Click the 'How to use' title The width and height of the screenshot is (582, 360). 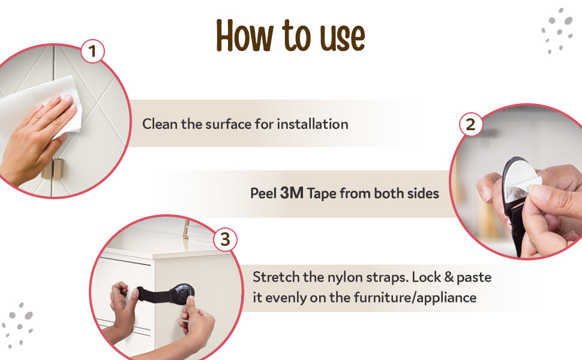(290, 35)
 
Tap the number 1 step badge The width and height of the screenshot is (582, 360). (92, 51)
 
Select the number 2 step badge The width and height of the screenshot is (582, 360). (470, 124)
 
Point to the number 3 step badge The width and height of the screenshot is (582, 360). (225, 239)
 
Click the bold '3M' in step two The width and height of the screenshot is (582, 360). (292, 193)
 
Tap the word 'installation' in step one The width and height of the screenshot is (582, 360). (313, 124)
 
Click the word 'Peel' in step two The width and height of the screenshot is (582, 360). (263, 193)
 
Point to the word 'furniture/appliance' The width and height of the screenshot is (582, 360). (415, 298)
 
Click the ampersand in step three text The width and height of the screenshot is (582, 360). (449, 277)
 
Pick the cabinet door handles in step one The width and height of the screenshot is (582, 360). (53, 169)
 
